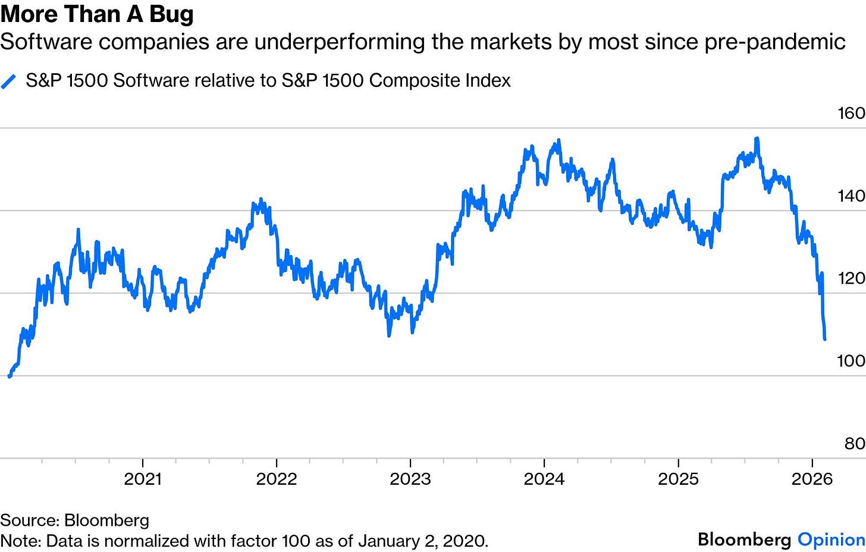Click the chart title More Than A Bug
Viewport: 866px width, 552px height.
point(97,15)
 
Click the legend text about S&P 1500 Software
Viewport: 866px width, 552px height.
point(268,81)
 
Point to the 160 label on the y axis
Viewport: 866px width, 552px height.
point(851,113)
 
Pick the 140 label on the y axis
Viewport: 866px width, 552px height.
point(851,196)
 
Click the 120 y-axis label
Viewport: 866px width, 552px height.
point(851,278)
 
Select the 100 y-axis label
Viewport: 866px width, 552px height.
point(851,361)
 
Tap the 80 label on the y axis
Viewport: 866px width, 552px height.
point(854,444)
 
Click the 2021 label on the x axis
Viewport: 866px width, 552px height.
point(143,479)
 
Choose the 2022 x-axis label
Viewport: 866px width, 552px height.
point(277,479)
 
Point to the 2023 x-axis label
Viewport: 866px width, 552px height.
point(410,479)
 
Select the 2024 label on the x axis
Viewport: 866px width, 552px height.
point(544,479)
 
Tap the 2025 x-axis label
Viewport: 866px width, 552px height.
point(678,479)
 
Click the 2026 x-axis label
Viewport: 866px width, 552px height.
point(812,479)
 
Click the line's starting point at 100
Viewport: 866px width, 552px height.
point(10,376)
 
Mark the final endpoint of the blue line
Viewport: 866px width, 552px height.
point(825,339)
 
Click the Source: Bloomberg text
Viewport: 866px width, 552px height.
point(74,520)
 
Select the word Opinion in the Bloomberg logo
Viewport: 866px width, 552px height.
point(831,540)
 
